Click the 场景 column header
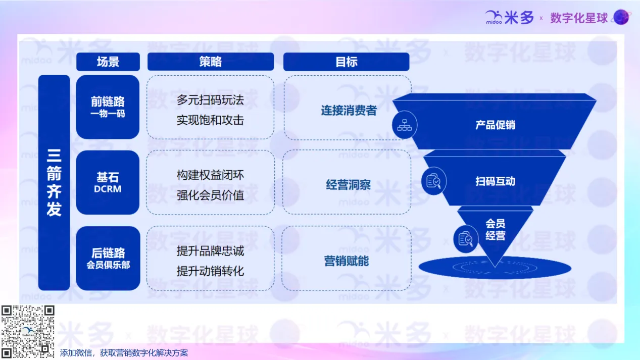(108, 62)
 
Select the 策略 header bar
(211, 62)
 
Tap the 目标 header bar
(347, 62)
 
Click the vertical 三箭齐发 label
(54, 182)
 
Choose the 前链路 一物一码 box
(108, 107)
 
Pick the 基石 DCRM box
(108, 182)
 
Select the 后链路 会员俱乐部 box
(108, 259)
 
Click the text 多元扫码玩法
(210, 100)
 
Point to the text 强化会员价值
(210, 195)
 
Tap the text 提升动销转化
(210, 271)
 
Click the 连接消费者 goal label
(349, 111)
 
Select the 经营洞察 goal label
(348, 185)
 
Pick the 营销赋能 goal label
(347, 261)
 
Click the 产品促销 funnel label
(495, 125)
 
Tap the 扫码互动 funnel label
(495, 181)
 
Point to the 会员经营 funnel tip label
(495, 230)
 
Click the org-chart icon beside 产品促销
(404, 125)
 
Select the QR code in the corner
(28, 331)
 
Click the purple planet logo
(621, 17)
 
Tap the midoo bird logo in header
(494, 17)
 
